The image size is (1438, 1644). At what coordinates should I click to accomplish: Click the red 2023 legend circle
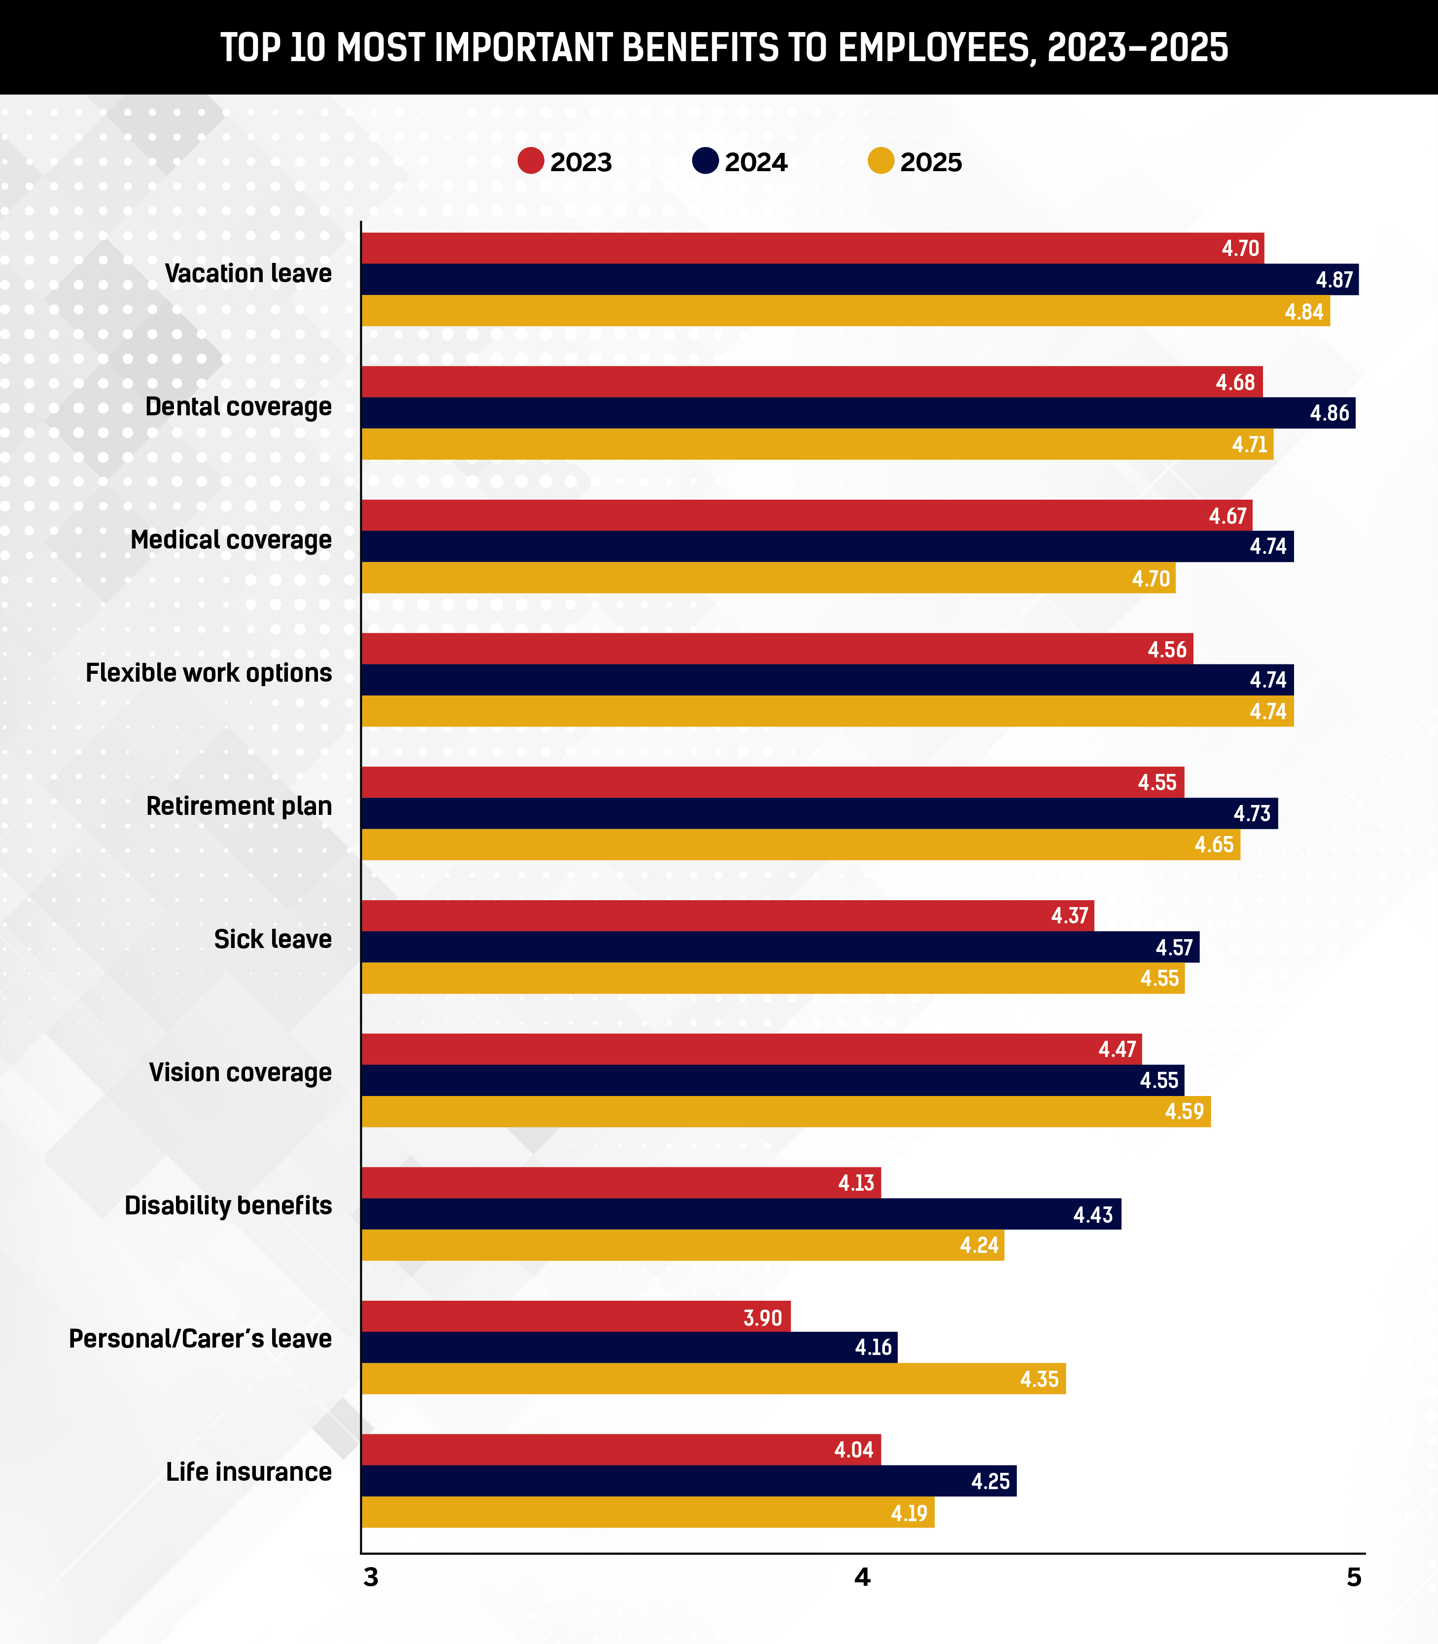click(x=530, y=161)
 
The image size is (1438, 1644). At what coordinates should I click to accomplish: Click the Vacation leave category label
click(x=248, y=274)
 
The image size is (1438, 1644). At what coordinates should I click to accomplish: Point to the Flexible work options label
click(x=209, y=673)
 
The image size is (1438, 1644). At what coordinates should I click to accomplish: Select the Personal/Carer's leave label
click(x=200, y=1339)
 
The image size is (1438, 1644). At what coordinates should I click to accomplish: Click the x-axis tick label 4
click(x=862, y=1577)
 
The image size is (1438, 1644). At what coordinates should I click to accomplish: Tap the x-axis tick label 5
click(x=1354, y=1577)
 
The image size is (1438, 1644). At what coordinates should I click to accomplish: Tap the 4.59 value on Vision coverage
click(x=1185, y=1112)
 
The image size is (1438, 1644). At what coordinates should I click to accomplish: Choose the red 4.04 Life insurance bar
click(x=621, y=1450)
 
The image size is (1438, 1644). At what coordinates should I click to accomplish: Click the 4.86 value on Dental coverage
click(x=1330, y=413)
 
